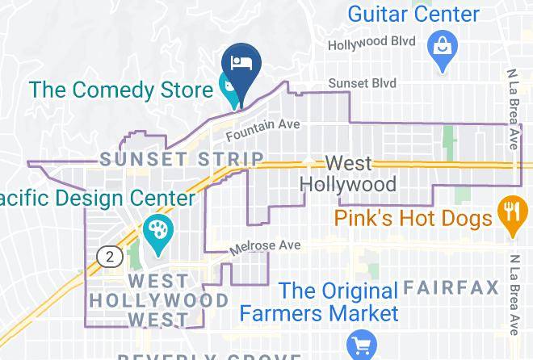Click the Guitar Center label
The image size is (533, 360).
coord(413,14)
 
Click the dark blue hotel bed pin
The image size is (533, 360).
coord(239,63)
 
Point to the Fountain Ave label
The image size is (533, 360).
coord(262,129)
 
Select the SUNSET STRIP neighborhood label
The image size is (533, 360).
coord(182,160)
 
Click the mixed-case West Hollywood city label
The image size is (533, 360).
coord(348,174)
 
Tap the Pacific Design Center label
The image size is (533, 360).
coord(97,199)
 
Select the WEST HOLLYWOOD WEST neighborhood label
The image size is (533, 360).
coord(158,300)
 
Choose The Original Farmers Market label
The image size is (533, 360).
coord(338,301)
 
